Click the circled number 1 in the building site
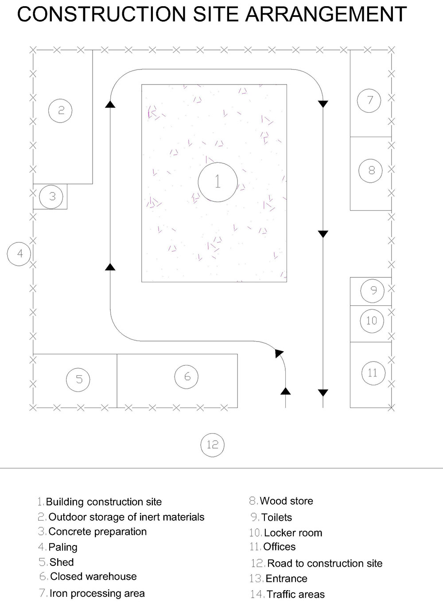[218, 181]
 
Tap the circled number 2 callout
[61, 109]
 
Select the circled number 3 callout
[52, 196]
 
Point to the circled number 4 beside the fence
[19, 254]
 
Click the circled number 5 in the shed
[79, 379]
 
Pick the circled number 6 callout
[187, 376]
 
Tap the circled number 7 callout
[371, 100]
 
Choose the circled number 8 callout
[371, 170]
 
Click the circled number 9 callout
[373, 290]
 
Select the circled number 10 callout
[371, 320]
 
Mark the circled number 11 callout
[372, 373]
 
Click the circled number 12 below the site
[213, 444]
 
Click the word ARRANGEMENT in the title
[326, 14]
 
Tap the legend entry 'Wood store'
[286, 501]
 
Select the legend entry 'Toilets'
[276, 517]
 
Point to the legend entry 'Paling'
[62, 547]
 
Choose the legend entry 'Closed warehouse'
[93, 576]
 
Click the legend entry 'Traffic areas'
[295, 594]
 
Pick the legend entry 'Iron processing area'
[97, 593]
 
